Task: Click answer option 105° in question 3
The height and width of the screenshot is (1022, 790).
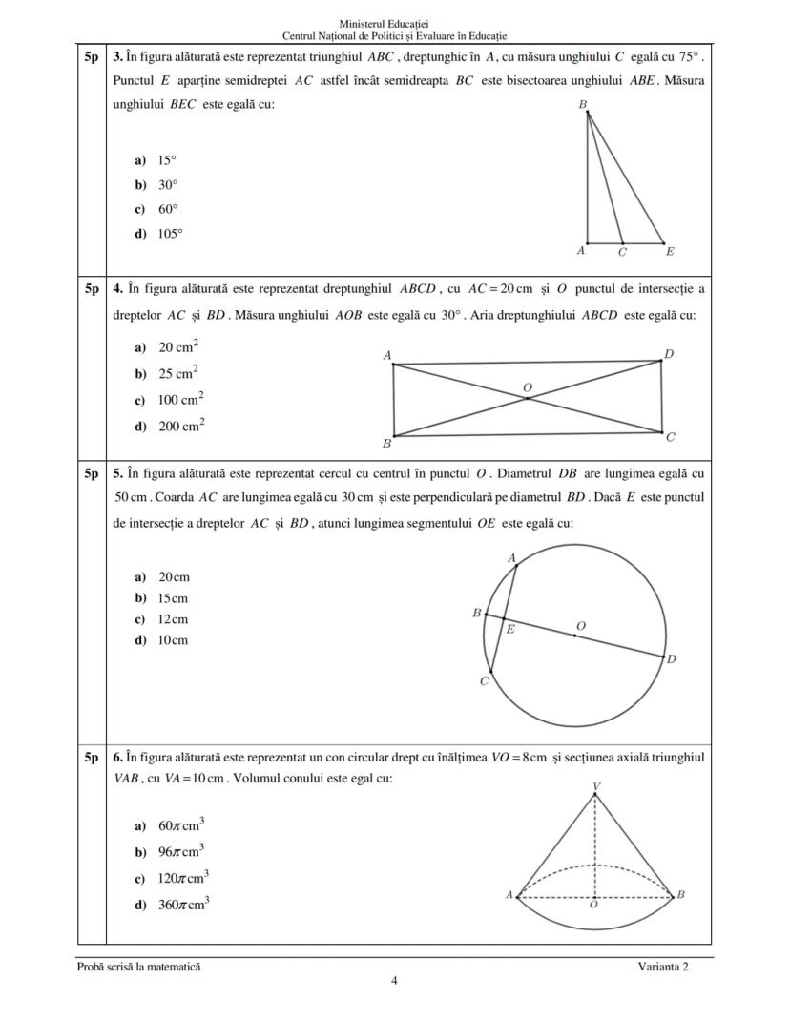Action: pos(169,232)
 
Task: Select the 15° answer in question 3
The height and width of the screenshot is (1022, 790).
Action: pos(166,161)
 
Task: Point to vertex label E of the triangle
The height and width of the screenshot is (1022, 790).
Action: pos(669,253)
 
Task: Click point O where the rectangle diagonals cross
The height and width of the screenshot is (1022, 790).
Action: pos(528,396)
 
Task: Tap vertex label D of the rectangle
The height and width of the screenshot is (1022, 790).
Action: pos(669,354)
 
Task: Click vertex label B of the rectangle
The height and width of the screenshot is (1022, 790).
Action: pos(386,444)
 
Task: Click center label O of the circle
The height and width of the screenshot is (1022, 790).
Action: pos(581,625)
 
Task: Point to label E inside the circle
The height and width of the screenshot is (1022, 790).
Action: pos(509,630)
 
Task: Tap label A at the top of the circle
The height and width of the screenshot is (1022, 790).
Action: pos(511,557)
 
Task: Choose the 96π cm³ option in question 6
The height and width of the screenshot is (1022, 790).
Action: pos(181,851)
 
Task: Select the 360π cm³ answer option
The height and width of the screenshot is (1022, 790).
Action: pos(183,904)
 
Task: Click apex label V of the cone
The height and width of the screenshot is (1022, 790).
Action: pos(596,786)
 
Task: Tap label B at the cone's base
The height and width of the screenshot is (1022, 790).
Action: pos(680,894)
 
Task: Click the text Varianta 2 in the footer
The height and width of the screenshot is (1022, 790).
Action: pos(662,966)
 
